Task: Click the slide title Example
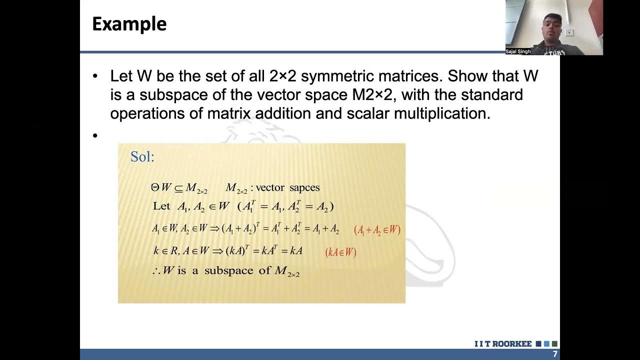[x=129, y=24]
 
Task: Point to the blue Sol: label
[x=142, y=157]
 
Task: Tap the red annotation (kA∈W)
[x=341, y=252]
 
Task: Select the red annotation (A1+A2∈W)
[x=377, y=230]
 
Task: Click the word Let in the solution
[x=161, y=206]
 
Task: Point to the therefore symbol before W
[x=155, y=271]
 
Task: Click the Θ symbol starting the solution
[x=155, y=188]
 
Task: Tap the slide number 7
[x=554, y=354]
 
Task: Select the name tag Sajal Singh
[x=518, y=51]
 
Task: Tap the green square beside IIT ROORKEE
[x=554, y=344]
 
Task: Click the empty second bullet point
[x=95, y=135]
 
